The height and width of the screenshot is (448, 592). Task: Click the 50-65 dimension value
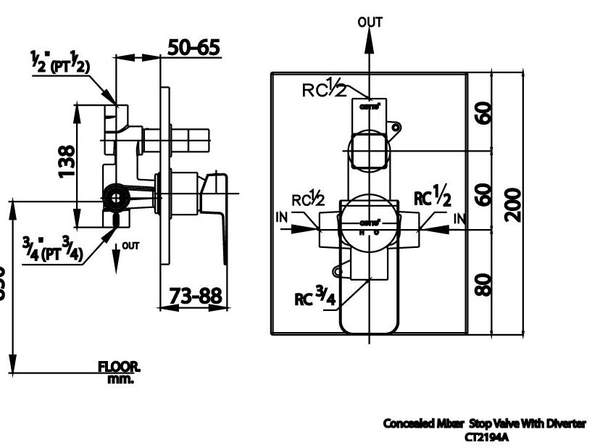193,48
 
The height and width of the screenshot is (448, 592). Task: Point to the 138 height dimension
66,161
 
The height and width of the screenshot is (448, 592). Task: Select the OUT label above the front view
370,22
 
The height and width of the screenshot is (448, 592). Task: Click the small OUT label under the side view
130,246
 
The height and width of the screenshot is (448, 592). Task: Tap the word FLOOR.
120,368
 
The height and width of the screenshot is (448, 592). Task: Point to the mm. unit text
120,378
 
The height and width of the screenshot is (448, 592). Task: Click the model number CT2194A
485,436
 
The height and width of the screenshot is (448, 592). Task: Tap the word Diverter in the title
564,423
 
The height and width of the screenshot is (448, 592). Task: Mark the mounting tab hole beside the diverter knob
396,128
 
